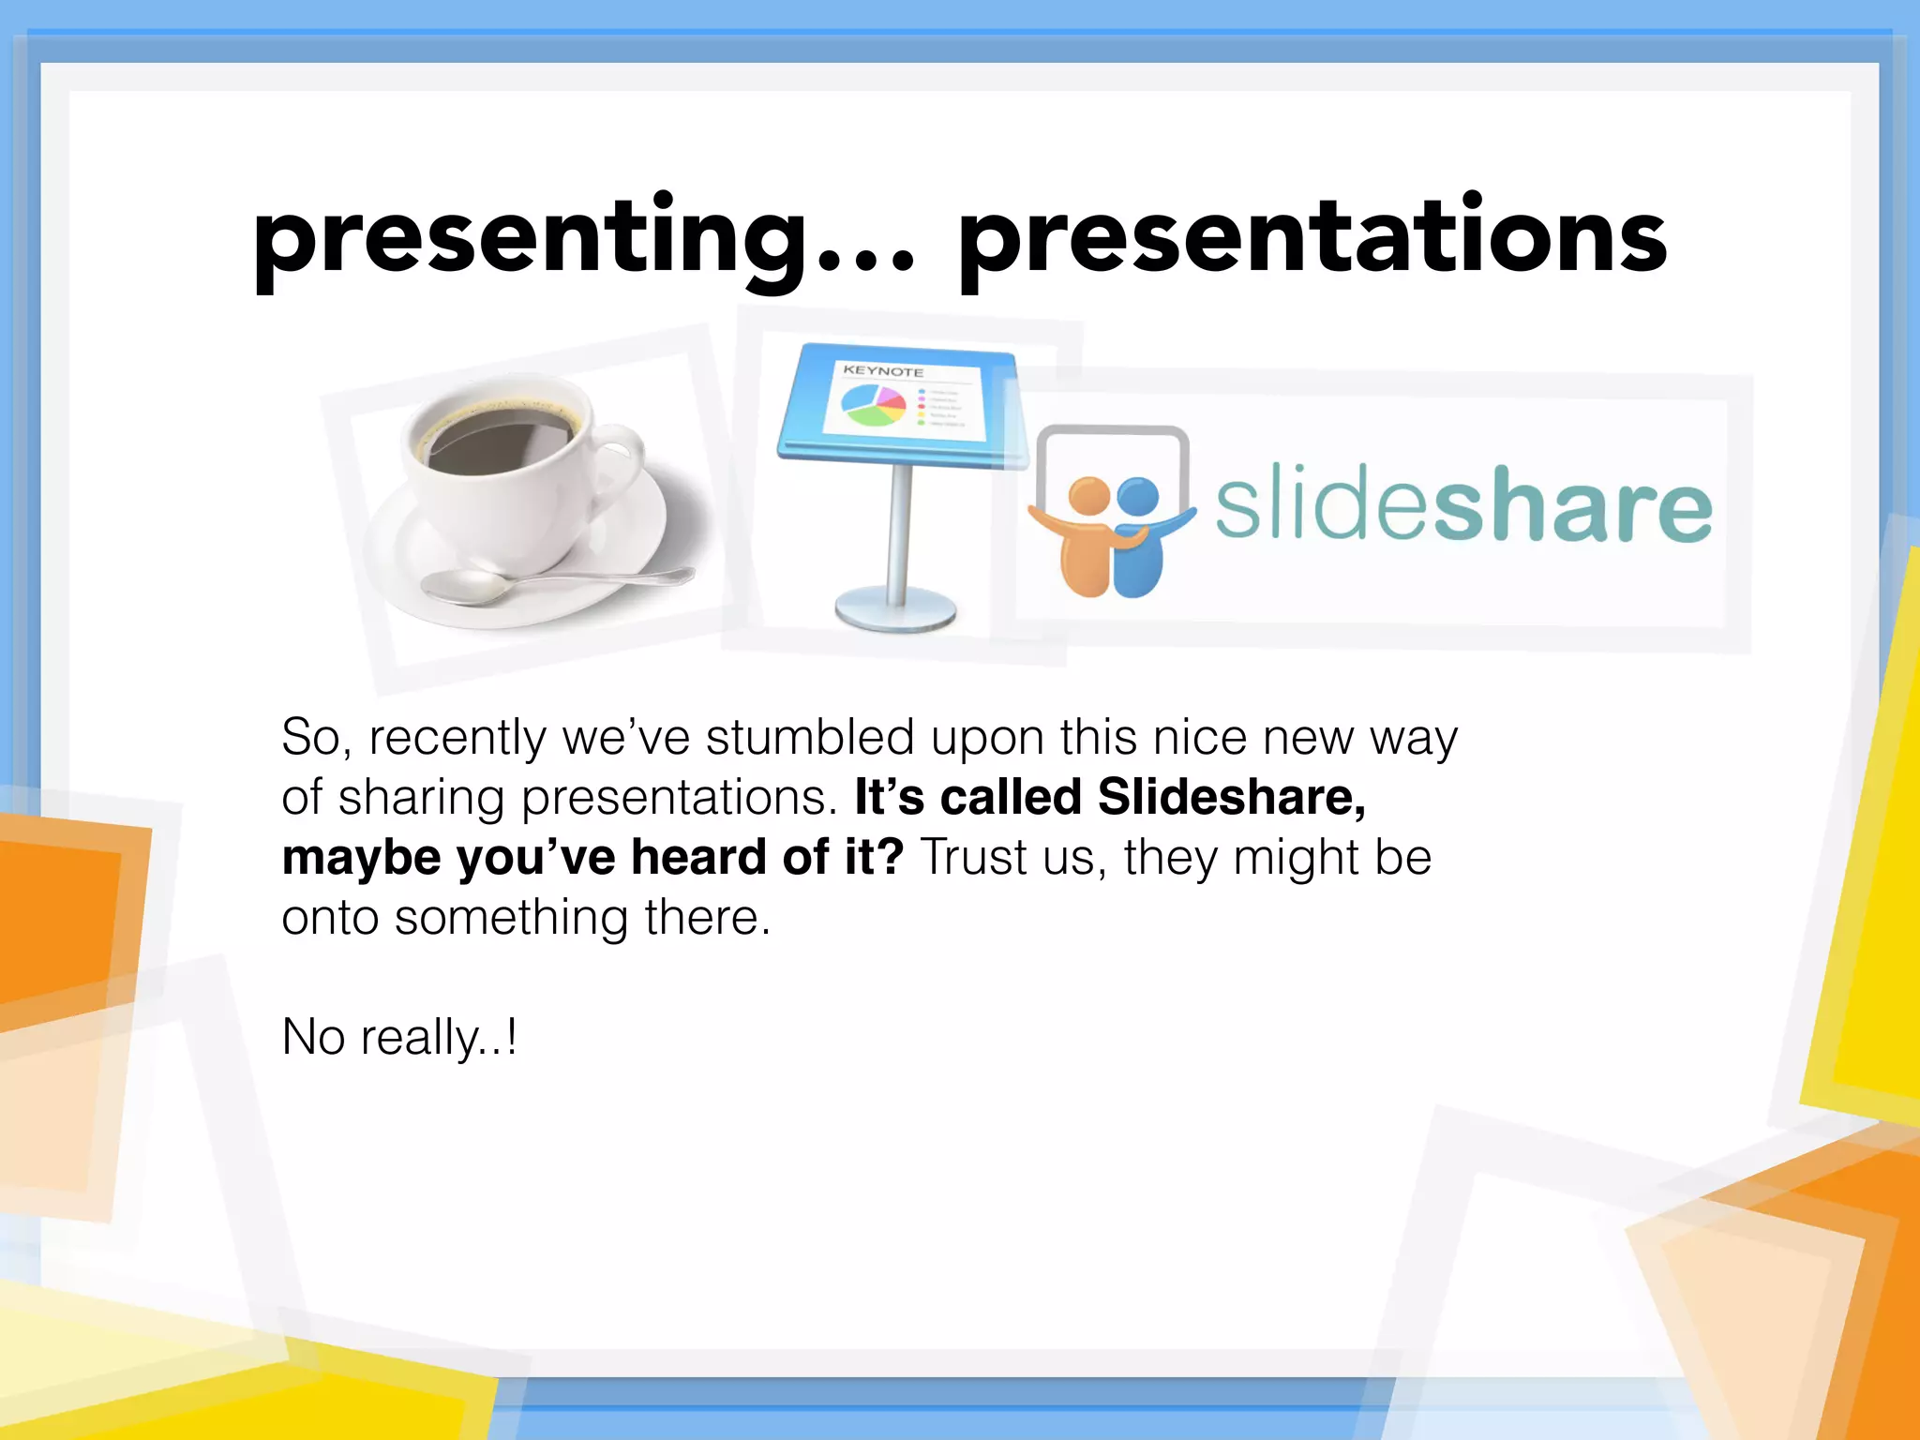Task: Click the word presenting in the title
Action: (x=530, y=239)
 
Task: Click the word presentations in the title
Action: (x=1312, y=239)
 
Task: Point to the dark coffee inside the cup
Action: (x=497, y=441)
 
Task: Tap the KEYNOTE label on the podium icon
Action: (x=882, y=371)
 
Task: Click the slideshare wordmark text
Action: (x=1462, y=506)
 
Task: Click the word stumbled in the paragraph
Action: (x=809, y=738)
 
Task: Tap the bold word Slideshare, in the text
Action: (x=1231, y=798)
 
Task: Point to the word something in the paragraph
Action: (x=511, y=918)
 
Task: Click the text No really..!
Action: (x=399, y=1038)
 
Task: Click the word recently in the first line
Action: (x=457, y=738)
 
